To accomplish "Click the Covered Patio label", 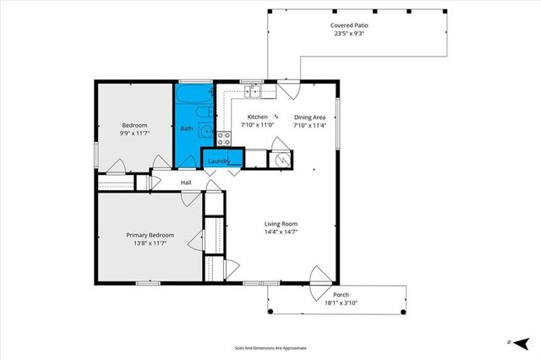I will (x=349, y=25).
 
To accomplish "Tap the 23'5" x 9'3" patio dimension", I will (x=349, y=35).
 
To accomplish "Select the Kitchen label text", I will (x=257, y=117).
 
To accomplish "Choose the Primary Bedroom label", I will (x=150, y=235).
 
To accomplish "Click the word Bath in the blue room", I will (x=186, y=128).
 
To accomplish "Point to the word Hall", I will (x=186, y=182).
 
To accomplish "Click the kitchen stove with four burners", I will (x=224, y=138).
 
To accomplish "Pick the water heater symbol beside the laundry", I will (x=281, y=158).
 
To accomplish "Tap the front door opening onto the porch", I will (x=320, y=279).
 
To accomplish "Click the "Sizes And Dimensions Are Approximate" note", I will (x=270, y=347).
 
